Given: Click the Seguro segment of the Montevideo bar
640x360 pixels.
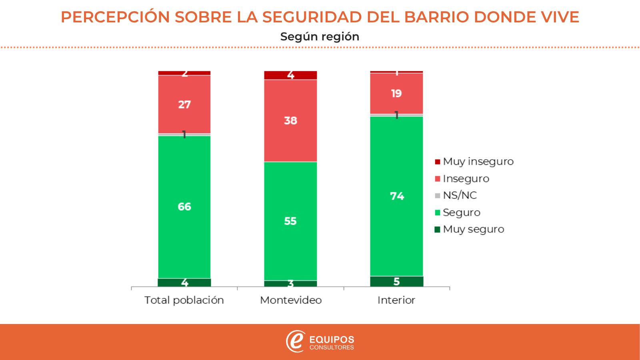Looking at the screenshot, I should coord(290,221).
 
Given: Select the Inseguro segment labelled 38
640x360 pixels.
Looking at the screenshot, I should coord(290,120).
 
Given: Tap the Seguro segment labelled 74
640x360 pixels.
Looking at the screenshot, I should coord(396,196).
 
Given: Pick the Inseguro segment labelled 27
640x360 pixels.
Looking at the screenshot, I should coord(184,104).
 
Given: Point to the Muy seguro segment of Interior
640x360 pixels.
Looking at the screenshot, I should coord(396,282).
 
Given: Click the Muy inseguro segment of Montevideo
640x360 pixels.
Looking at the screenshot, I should coord(290,75).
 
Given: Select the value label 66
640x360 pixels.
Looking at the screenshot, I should coord(184,207).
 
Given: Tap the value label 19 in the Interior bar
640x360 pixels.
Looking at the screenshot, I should coord(396,94).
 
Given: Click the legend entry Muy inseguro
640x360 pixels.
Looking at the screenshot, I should coord(478,162).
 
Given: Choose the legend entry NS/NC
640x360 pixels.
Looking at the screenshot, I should coord(460,195).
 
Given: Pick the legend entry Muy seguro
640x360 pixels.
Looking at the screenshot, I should coord(473,229).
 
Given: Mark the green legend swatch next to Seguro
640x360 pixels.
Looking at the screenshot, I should coord(437,212).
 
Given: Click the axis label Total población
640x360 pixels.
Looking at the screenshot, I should coord(184,300).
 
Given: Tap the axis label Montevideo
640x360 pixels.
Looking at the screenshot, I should coord(291,300).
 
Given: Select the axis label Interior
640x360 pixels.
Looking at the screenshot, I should coord(396,300).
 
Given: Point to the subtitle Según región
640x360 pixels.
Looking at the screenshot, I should coord(320,36).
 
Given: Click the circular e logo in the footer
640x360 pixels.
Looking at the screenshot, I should coord(295,342).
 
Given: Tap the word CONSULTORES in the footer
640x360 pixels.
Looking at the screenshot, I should coord(332,348).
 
